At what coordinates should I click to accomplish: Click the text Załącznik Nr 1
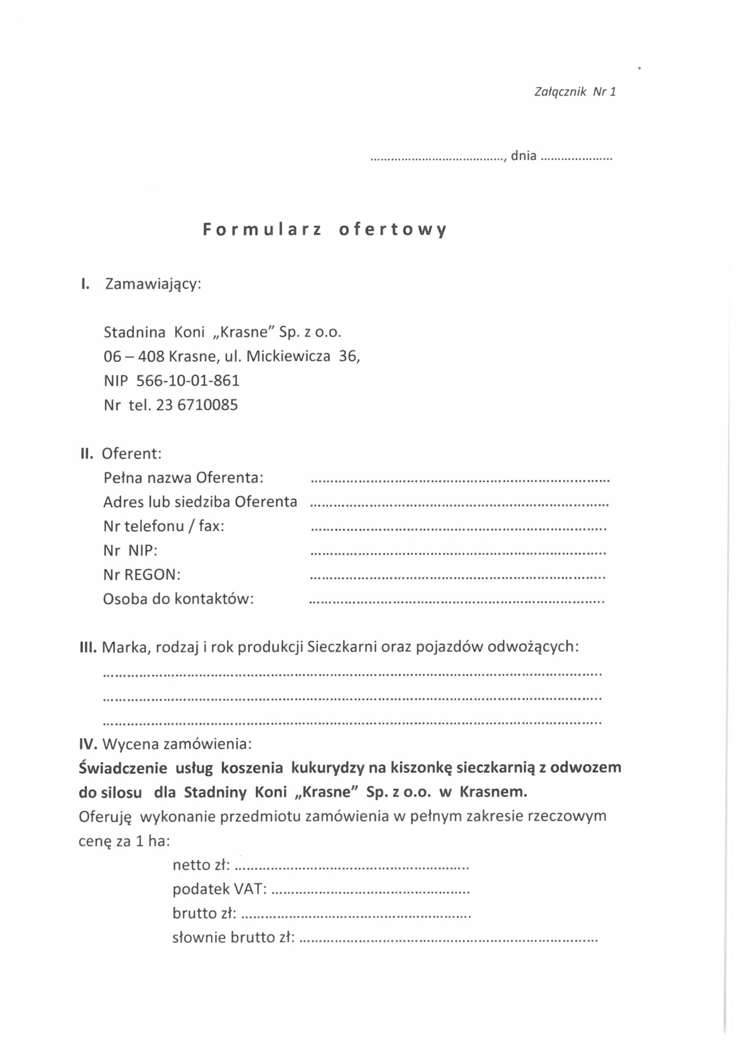click(575, 92)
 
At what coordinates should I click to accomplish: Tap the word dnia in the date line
click(523, 156)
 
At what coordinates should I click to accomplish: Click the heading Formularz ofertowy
click(324, 230)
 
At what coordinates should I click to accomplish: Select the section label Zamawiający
click(153, 284)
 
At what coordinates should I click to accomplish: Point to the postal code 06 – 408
click(133, 356)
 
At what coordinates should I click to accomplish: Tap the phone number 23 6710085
click(197, 405)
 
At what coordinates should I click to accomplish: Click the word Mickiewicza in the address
click(288, 356)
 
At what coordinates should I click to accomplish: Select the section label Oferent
click(131, 453)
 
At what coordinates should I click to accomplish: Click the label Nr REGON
click(142, 575)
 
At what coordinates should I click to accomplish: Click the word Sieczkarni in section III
click(342, 647)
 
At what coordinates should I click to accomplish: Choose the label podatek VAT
click(219, 890)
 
